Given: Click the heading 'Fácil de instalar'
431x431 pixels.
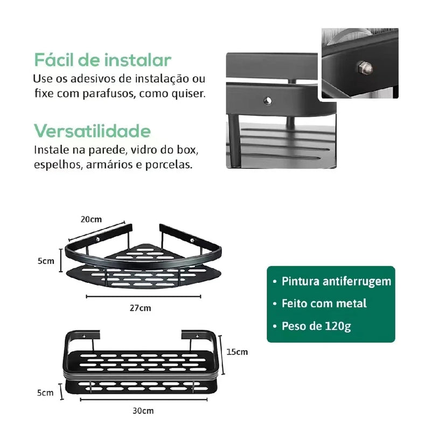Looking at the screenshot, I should [x=102, y=59].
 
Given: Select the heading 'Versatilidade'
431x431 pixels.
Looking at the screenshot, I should [x=92, y=131].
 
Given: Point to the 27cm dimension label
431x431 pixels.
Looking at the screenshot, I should [x=140, y=308].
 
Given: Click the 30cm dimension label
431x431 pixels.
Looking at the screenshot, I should [x=143, y=411].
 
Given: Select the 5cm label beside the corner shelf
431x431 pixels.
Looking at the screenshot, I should [x=46, y=261].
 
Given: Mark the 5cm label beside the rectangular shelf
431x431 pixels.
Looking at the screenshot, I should [x=46, y=393].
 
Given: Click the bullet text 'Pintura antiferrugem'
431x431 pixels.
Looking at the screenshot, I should [x=337, y=281].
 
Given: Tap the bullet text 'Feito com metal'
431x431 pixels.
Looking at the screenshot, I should [x=324, y=303].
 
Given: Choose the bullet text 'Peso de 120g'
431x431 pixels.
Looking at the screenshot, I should [x=316, y=326].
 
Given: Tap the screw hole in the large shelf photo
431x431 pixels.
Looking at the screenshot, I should [x=266, y=100].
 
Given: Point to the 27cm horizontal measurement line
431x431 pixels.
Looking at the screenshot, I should [x=143, y=296].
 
